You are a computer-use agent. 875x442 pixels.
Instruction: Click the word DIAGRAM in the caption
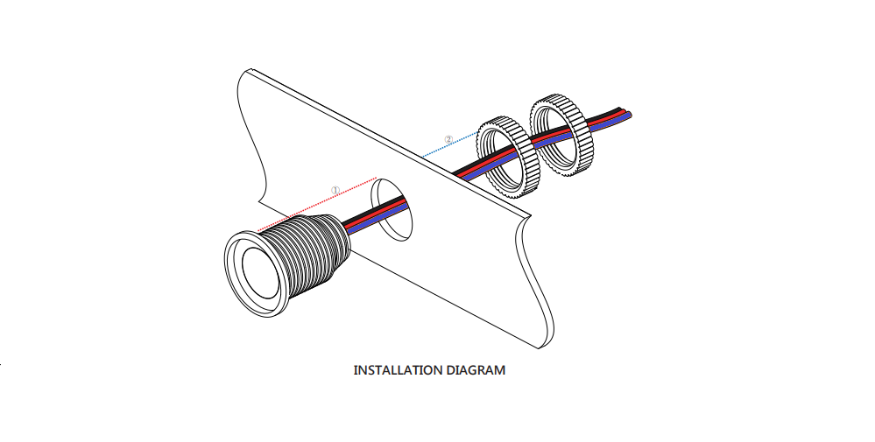(x=476, y=370)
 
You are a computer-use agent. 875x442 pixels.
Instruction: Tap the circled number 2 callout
(x=448, y=139)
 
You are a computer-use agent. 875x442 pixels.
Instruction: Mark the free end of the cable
(x=628, y=115)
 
